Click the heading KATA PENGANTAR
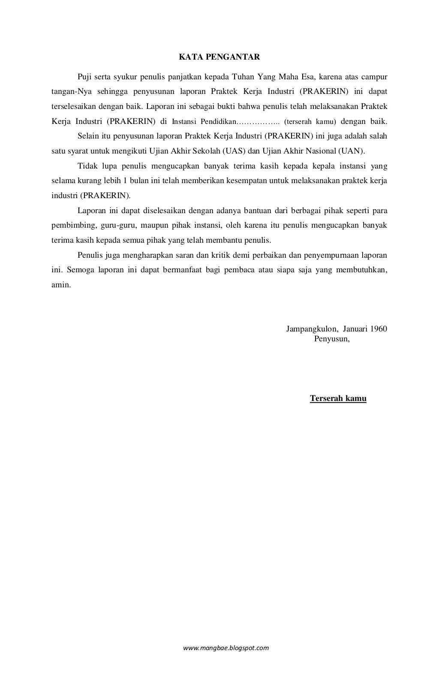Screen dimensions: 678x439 point(219,57)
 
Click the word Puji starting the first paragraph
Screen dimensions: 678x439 point(84,77)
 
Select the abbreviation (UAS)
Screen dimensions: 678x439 point(234,151)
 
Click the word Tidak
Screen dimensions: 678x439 point(87,166)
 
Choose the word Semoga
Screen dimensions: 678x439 point(82,270)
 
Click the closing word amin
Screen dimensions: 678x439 point(60,285)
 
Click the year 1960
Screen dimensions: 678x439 point(378,329)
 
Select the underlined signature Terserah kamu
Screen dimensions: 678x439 point(338,398)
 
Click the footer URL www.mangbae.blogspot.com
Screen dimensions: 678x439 point(226,648)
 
